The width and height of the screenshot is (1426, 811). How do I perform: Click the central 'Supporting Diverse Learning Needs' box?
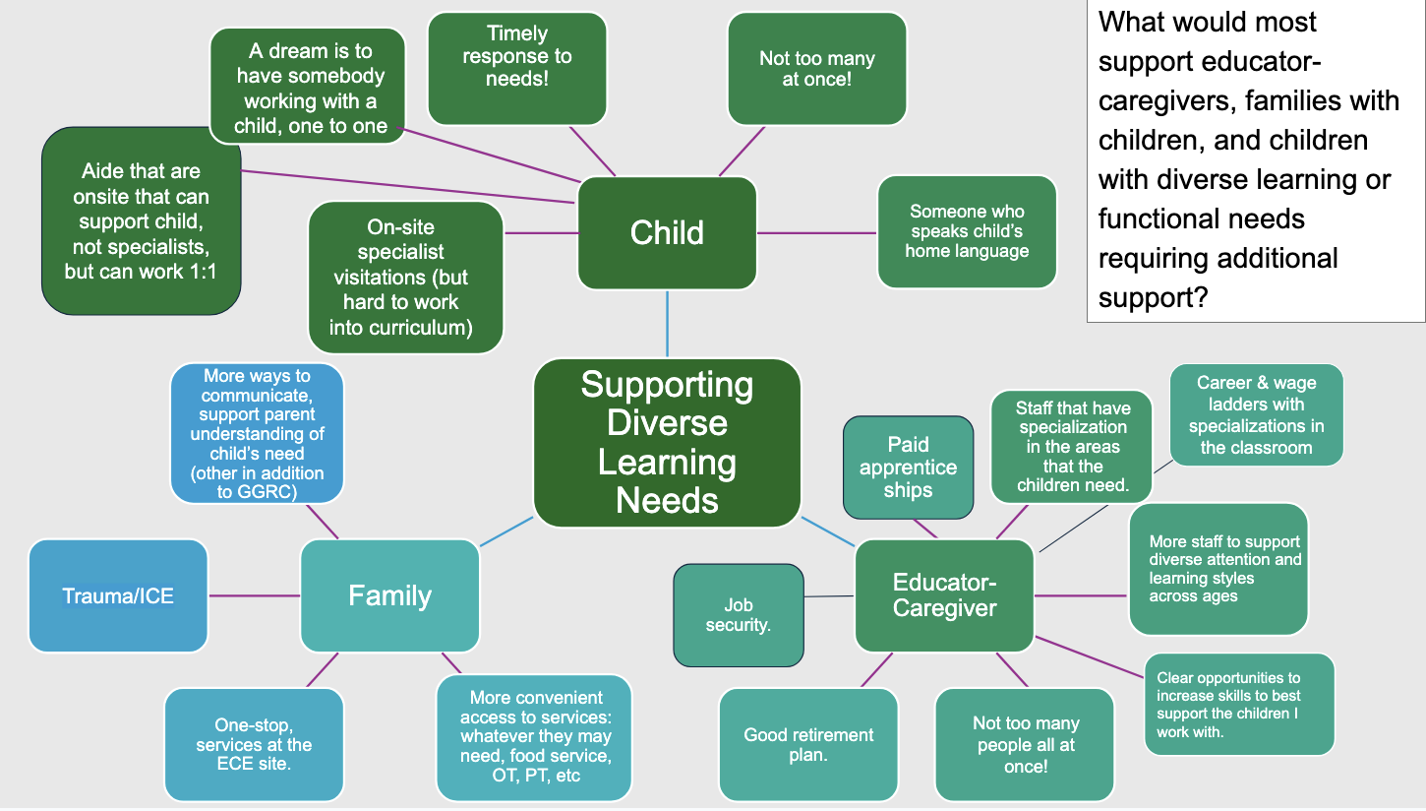[667, 442]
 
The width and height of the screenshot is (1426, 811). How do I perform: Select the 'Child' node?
[667, 232]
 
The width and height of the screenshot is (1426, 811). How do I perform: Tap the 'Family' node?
[389, 595]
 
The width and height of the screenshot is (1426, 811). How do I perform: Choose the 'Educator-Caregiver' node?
[944, 595]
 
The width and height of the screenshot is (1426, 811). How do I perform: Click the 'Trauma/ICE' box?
[118, 595]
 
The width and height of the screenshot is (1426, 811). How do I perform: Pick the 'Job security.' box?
[738, 614]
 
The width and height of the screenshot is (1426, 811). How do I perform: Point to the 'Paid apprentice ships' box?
[908, 467]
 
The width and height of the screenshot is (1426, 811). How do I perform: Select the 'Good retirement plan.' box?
[808, 744]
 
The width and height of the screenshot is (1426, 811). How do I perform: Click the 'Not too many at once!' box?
[816, 68]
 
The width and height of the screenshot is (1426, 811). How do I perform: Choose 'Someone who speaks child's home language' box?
[967, 231]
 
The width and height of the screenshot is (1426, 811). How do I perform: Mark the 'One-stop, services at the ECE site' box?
[254, 744]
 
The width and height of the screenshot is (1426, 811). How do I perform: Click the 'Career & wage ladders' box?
[1256, 414]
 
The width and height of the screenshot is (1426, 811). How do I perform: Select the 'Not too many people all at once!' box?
[1025, 744]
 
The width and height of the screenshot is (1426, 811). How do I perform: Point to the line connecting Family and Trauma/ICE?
[254, 595]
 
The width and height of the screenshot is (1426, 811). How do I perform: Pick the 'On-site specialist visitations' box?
[405, 277]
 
